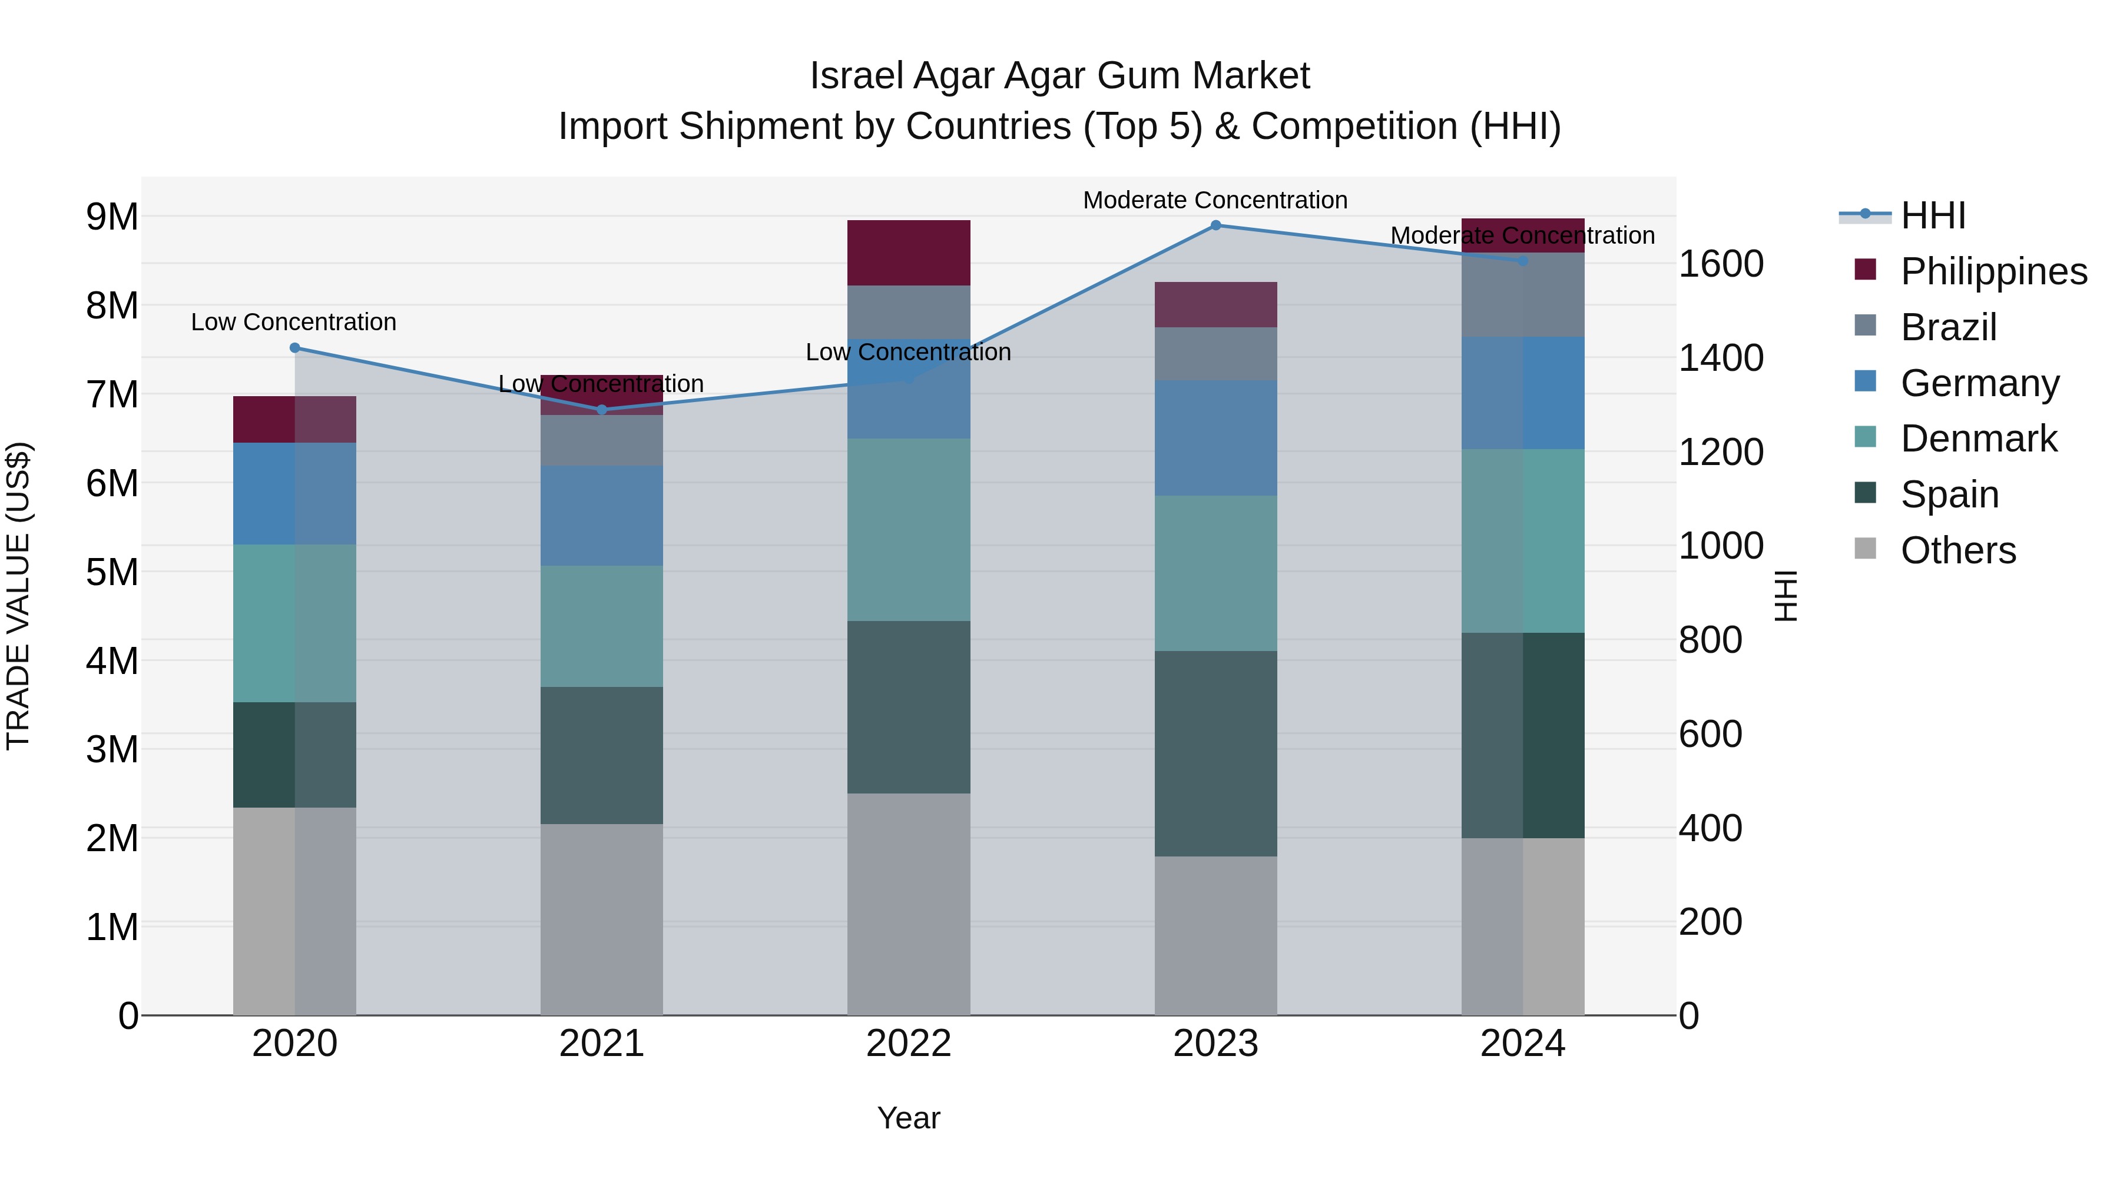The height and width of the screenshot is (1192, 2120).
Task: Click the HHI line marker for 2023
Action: [x=1215, y=225]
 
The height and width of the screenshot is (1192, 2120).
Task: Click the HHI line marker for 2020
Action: [x=294, y=348]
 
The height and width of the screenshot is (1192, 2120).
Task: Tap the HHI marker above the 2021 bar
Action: [x=602, y=410]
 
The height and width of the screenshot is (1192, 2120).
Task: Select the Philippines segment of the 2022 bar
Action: [x=909, y=253]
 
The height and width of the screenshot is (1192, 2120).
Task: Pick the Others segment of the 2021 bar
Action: [x=602, y=919]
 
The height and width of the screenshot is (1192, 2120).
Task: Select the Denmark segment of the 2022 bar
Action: [x=909, y=529]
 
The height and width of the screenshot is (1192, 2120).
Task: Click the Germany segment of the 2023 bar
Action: [x=1215, y=437]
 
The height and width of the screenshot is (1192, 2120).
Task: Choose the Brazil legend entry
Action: [x=1947, y=327]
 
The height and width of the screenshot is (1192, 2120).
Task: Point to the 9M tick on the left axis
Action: [x=112, y=217]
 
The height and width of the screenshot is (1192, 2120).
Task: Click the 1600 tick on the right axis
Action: [x=1721, y=264]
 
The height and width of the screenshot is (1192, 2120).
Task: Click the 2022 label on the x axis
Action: [x=909, y=1044]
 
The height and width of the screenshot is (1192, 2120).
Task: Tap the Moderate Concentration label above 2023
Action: [x=1215, y=200]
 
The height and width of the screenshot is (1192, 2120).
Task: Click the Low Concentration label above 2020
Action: [x=294, y=321]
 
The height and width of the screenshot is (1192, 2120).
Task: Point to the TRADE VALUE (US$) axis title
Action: [x=18, y=596]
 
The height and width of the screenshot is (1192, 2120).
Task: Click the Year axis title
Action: [x=909, y=1118]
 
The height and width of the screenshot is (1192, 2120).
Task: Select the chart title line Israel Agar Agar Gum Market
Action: [x=1059, y=76]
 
